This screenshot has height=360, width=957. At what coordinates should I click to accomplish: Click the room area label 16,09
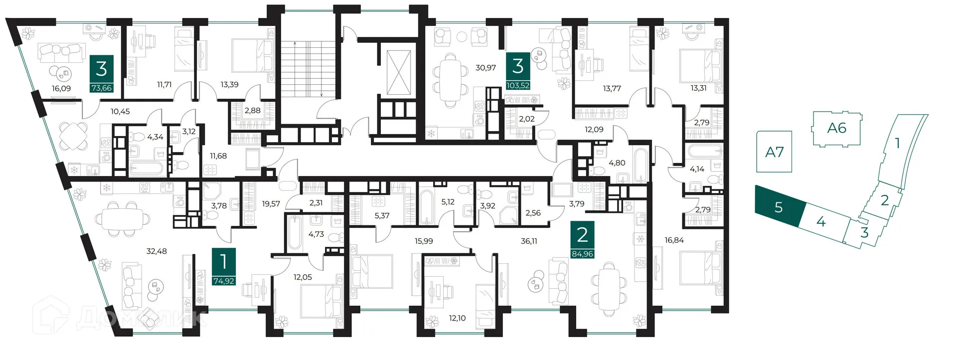tap(61, 88)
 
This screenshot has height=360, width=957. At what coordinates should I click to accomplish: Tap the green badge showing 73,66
tap(101, 88)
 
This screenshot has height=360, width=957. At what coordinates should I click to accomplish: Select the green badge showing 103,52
tap(518, 85)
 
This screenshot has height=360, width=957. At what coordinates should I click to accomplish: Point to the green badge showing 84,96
tap(582, 254)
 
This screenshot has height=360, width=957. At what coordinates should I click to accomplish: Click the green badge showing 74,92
tap(223, 281)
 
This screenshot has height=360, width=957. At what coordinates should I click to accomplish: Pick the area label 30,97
tap(485, 67)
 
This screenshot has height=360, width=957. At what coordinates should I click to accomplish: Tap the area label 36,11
tap(529, 241)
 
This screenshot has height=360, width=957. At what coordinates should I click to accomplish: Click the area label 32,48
tap(157, 251)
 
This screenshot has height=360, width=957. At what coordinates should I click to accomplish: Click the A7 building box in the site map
tap(774, 152)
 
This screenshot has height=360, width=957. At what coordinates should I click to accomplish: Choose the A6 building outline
tap(837, 128)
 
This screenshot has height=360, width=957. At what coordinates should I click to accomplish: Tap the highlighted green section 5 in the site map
tap(779, 206)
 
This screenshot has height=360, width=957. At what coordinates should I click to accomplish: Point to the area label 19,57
tap(271, 203)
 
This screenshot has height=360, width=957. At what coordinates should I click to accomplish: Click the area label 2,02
tap(527, 119)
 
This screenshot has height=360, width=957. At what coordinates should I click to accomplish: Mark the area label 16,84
tap(674, 240)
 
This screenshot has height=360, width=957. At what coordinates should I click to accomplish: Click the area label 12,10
tap(457, 318)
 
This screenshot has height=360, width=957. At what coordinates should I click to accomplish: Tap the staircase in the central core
tap(307, 70)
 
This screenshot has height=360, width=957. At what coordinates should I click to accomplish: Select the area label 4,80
tap(617, 163)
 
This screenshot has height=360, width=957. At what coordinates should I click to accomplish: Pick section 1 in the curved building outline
tap(897, 144)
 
